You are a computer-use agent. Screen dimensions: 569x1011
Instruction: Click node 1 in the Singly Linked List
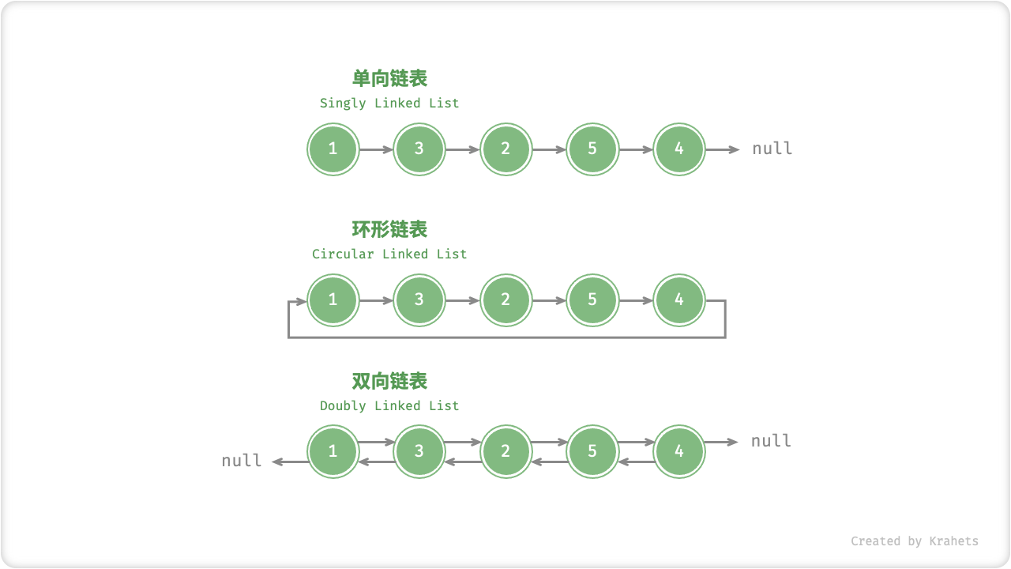pos(333,149)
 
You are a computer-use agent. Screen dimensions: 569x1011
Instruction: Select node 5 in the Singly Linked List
pos(592,149)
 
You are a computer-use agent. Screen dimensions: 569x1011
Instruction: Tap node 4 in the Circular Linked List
pos(679,300)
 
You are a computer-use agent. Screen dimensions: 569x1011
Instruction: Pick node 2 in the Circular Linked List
pos(505,300)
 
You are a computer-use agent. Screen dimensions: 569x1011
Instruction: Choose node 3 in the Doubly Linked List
pos(419,451)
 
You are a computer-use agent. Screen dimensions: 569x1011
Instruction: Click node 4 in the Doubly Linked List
pos(679,451)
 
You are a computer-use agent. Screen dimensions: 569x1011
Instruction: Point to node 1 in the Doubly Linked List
pos(333,451)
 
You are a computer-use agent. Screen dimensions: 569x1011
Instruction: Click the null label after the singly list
pos(772,149)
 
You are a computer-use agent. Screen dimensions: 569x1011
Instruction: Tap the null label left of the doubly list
pos(242,461)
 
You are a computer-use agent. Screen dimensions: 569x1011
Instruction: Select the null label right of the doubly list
pos(771,441)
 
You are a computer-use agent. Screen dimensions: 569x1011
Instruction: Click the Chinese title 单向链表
pos(389,78)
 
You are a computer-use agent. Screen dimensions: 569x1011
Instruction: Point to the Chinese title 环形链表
pos(389,229)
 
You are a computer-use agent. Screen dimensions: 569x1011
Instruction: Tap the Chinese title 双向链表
pos(389,381)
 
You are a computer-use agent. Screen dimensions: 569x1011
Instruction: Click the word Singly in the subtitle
pos(343,104)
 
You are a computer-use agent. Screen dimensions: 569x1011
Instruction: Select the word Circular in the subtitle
pos(343,254)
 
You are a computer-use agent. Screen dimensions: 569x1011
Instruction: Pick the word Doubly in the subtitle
pos(343,406)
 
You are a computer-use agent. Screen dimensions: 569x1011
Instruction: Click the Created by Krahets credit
pos(914,541)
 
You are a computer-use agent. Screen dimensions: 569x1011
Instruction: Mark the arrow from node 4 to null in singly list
pos(722,149)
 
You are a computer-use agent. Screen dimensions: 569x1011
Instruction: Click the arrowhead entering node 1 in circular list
pos(301,301)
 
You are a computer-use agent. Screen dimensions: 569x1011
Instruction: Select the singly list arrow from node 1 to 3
pos(376,149)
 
